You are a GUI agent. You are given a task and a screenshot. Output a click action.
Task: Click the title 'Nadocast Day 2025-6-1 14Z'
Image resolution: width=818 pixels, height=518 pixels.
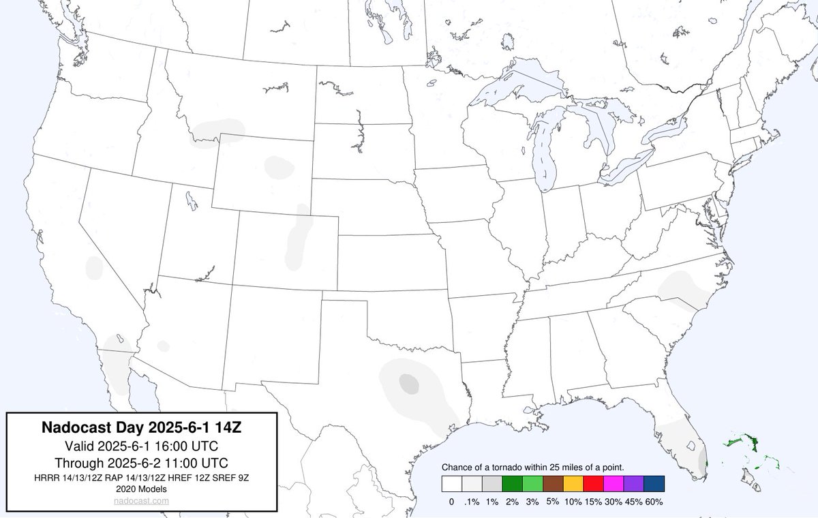tap(142, 428)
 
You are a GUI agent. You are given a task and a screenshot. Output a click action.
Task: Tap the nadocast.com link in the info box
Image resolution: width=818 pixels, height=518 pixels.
tap(142, 501)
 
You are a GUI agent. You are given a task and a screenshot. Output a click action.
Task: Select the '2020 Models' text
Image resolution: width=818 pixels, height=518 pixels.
tap(142, 489)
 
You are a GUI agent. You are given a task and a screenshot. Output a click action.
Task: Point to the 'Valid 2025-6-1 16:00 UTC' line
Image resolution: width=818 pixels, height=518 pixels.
tap(142, 446)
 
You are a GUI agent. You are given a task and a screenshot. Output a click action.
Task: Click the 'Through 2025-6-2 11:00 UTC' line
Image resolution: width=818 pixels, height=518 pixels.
tap(142, 462)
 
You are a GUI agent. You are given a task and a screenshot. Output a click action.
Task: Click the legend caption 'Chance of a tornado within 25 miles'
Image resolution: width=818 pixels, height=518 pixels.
tap(534, 467)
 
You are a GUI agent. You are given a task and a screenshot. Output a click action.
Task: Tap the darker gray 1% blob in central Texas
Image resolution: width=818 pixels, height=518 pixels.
tap(408, 382)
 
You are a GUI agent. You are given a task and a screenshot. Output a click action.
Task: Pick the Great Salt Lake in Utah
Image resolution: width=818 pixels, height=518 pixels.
tap(191, 200)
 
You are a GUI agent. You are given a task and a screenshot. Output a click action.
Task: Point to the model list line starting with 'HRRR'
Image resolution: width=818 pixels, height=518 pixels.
tap(142, 477)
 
